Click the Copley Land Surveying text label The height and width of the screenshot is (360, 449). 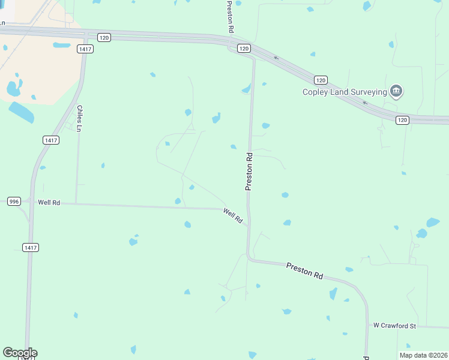point(345,92)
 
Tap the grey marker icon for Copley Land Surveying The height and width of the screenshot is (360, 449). point(396,91)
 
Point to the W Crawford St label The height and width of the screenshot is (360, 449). point(394,326)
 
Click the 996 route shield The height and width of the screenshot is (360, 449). point(14,202)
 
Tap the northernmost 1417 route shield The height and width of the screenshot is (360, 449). point(85,49)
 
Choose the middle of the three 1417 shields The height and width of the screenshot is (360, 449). point(51,140)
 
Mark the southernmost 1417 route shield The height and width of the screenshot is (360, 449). point(31,247)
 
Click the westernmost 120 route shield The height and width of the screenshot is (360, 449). point(104,37)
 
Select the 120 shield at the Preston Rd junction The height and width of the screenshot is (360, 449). point(243,48)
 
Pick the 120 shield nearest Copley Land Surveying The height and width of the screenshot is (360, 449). point(321,80)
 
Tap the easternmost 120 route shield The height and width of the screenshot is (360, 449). point(402,120)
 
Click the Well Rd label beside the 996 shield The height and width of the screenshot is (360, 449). point(49,203)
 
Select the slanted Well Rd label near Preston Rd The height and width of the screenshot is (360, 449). point(232,216)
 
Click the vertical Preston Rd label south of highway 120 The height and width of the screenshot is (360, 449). point(249,172)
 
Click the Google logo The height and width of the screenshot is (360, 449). point(20,353)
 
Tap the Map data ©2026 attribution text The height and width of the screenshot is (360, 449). point(423,355)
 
